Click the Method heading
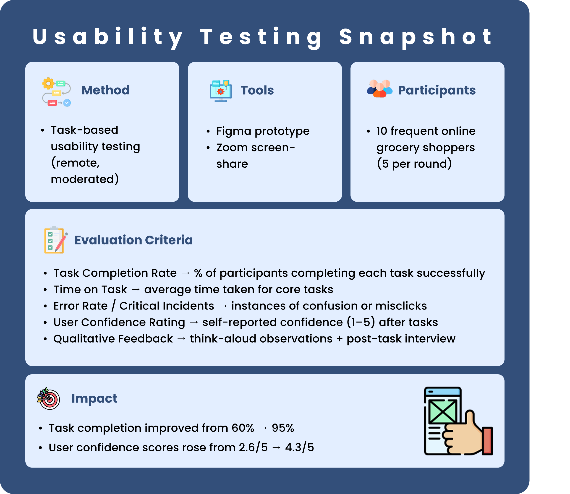click(106, 90)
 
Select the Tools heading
click(257, 90)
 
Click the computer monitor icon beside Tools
click(221, 91)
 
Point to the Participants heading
click(437, 90)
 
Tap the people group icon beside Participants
click(380, 88)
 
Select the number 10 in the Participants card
click(382, 131)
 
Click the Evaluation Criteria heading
click(134, 240)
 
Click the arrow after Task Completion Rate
click(185, 273)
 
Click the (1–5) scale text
click(361, 322)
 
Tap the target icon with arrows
click(49, 399)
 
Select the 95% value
click(283, 428)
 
